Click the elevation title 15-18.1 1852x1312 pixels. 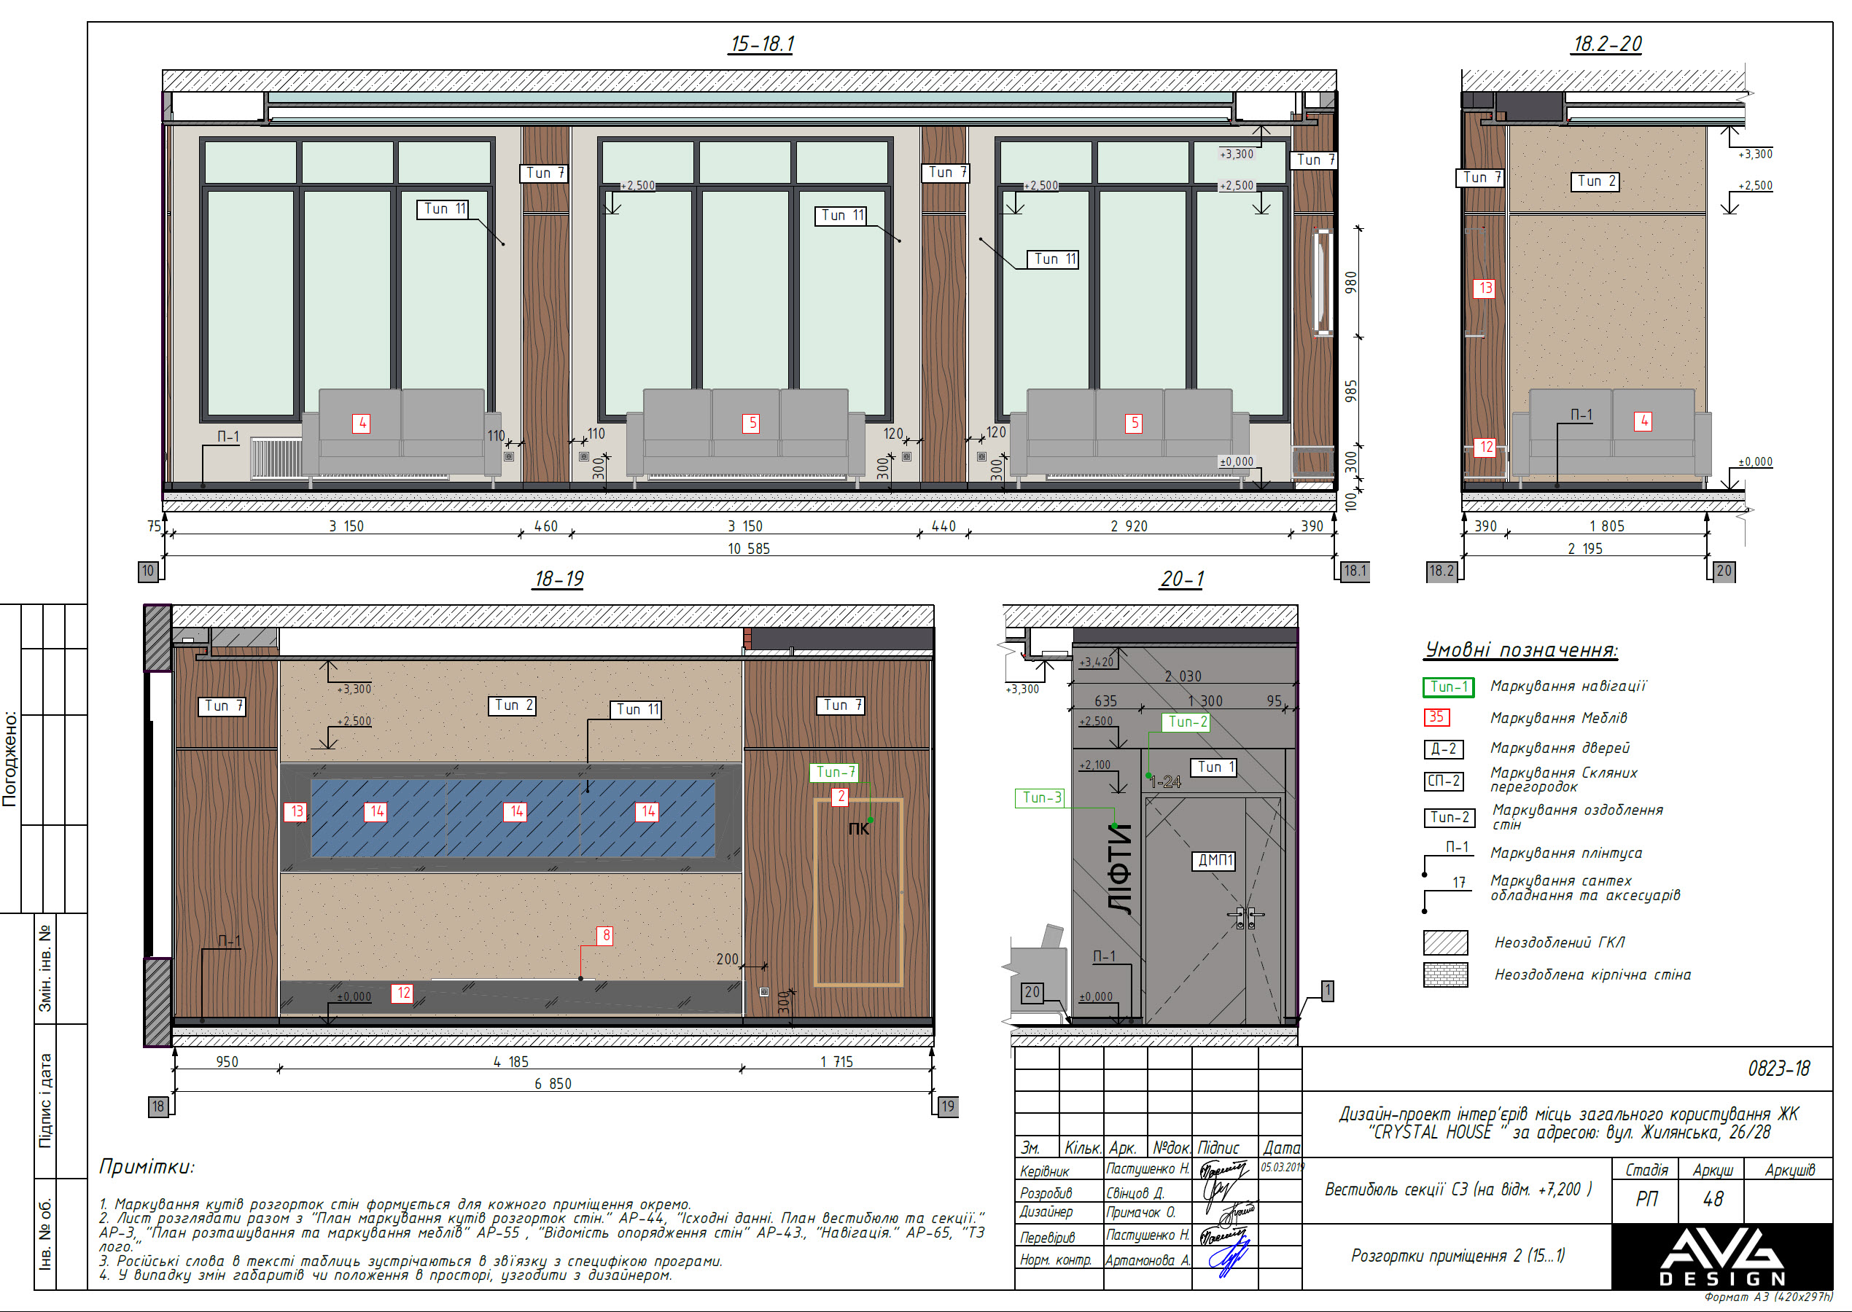point(761,44)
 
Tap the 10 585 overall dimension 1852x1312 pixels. point(748,550)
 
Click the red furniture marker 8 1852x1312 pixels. point(606,935)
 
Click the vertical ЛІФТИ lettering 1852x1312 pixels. point(1120,869)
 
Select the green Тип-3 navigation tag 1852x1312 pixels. point(1040,798)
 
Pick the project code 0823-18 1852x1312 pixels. point(1778,1069)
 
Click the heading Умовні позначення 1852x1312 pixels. point(1520,650)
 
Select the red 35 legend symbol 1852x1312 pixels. point(1436,717)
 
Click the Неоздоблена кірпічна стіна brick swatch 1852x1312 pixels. point(1444,975)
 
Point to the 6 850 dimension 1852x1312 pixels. point(553,1084)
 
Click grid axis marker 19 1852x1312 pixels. point(947,1106)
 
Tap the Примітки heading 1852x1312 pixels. point(147,1166)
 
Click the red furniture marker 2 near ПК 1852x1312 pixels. point(841,797)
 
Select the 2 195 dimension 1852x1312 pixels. point(1584,550)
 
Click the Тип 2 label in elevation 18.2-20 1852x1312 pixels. point(1597,181)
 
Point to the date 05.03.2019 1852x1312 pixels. point(1282,1168)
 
